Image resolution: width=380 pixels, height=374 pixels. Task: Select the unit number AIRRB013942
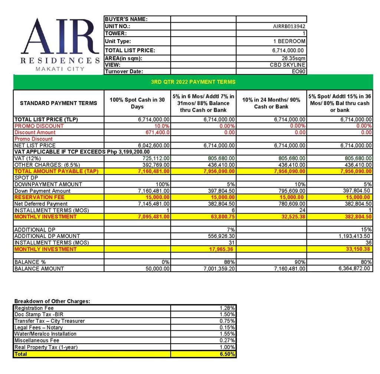click(289, 27)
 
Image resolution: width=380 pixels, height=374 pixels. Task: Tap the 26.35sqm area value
click(294, 58)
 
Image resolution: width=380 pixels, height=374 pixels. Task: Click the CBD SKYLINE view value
click(288, 65)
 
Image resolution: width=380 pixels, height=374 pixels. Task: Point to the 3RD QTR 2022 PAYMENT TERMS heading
click(193, 82)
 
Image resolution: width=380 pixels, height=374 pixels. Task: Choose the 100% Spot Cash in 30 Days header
click(137, 103)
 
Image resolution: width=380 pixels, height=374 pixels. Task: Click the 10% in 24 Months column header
click(271, 103)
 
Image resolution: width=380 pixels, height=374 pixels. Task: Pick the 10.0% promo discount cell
click(162, 126)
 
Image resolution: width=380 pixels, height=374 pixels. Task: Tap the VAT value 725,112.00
click(156, 158)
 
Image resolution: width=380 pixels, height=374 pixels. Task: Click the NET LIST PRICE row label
click(35, 145)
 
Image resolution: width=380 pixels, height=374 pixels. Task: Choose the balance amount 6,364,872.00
click(355, 269)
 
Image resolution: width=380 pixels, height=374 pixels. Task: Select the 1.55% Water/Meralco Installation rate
click(227, 334)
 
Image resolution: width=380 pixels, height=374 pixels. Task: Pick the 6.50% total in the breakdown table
click(227, 354)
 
